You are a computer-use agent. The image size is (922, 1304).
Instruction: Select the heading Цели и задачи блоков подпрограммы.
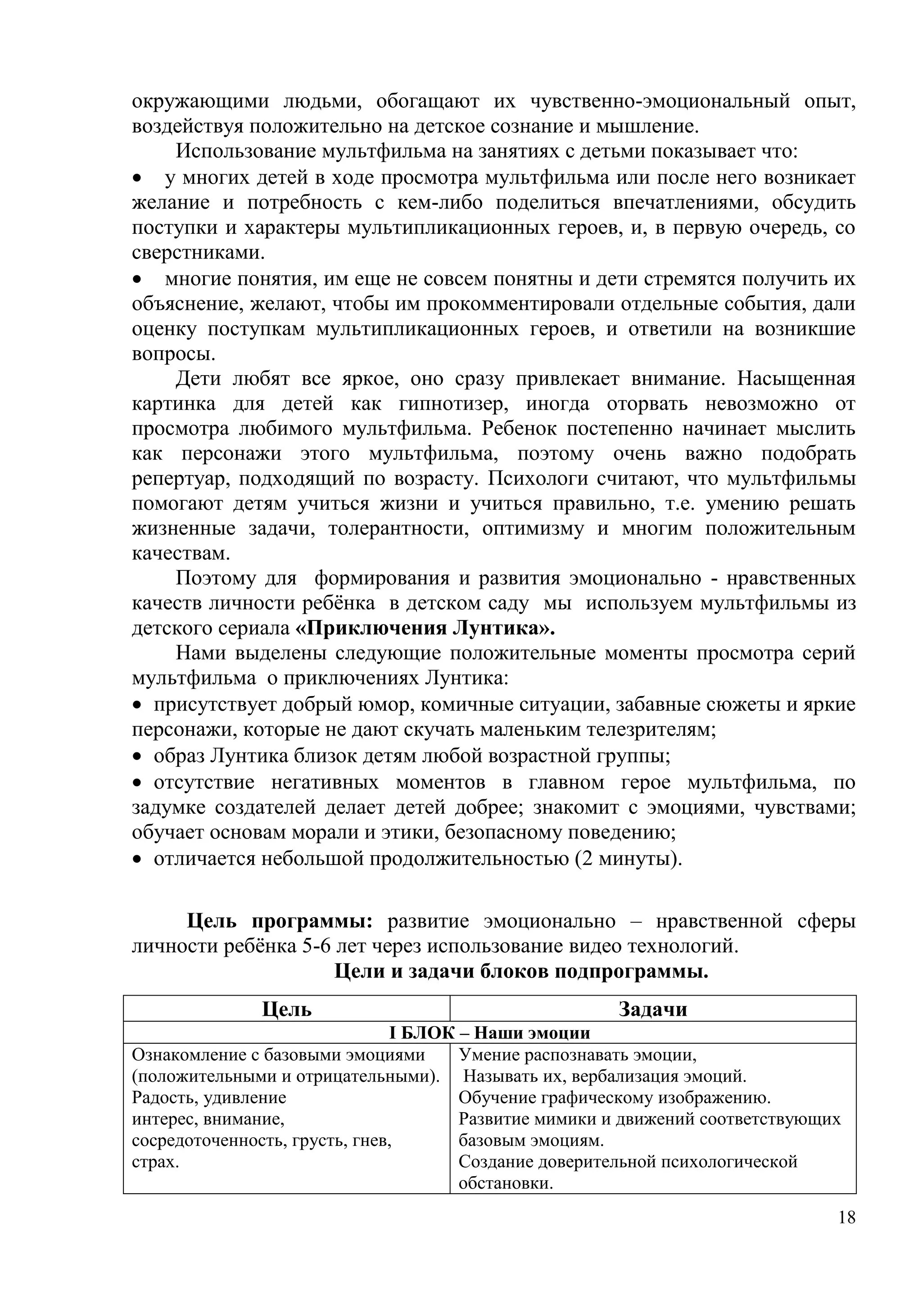click(x=521, y=971)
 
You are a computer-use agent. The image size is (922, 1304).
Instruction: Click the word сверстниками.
click(x=198, y=252)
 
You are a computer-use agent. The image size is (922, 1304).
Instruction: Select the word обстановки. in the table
click(x=505, y=1184)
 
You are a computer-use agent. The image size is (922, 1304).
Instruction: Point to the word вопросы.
click(x=173, y=354)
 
